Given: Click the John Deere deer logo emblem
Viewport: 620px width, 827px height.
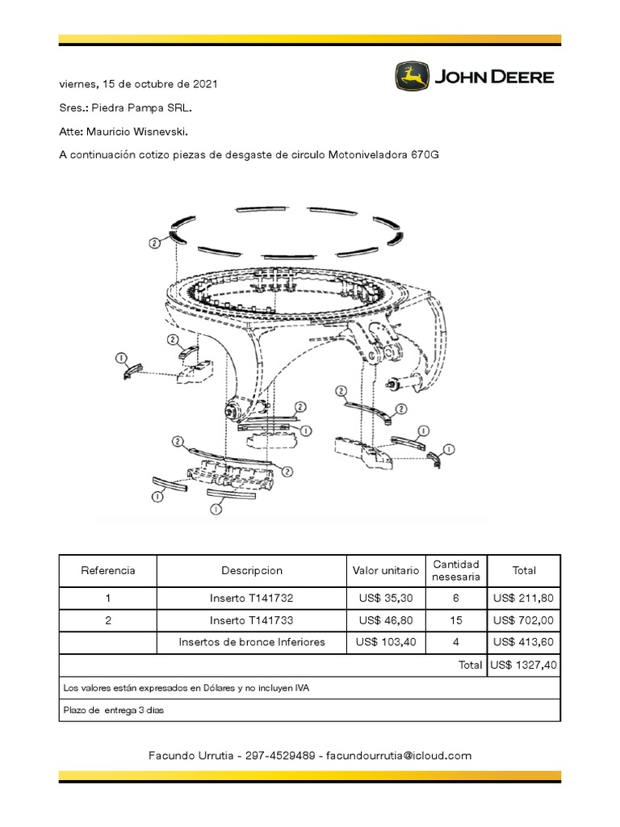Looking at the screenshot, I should (412, 78).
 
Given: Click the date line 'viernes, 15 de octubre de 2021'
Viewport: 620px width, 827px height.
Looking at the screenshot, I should (137, 84).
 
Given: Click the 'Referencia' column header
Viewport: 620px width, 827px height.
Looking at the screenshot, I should (107, 570).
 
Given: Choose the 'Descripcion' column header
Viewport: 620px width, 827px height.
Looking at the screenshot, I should (252, 570).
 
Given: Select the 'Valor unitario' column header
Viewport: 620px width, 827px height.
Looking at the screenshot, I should (386, 570).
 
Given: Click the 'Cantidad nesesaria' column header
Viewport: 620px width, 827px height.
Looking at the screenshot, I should (456, 570).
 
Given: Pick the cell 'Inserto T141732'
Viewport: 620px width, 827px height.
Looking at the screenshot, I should (252, 598).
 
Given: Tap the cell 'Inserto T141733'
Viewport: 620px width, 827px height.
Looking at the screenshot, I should (252, 620).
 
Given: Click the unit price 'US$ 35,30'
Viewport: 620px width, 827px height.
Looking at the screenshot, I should (386, 598).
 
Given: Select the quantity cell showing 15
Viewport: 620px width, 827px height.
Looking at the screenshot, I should (456, 620).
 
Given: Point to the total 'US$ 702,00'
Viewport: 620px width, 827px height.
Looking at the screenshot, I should (523, 620).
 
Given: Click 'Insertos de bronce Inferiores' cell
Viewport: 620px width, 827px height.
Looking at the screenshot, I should (252, 642).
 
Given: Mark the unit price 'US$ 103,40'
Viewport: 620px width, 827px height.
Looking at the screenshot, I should (386, 642).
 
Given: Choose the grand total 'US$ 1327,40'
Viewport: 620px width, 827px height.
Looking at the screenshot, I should (523, 665).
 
